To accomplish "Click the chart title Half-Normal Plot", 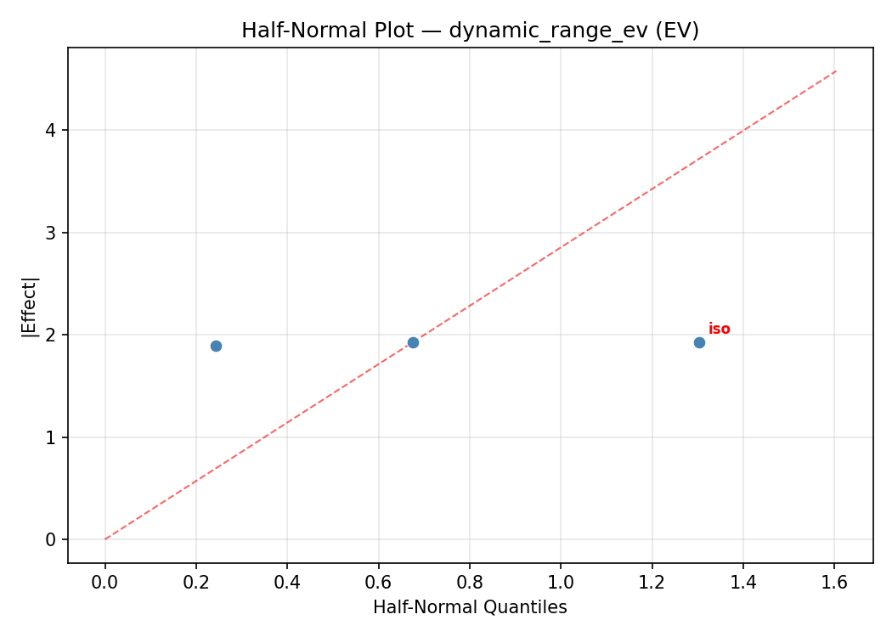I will coord(470,31).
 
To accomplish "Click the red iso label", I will coord(719,330).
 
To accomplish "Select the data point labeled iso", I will coord(699,342).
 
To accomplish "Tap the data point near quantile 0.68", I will coord(413,342).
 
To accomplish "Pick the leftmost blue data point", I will coord(216,346).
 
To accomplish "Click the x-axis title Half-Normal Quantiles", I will coord(470,607).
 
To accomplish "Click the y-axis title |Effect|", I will coord(31,306).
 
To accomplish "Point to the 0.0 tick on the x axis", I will coord(105,583).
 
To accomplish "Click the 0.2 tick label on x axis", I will coord(196,583).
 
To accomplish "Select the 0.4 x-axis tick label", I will coord(287,583).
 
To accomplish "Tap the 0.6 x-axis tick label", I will coord(378,583).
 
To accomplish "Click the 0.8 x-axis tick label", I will coord(470,583).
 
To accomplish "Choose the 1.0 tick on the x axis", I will coord(561,583).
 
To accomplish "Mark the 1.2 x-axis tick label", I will coord(652,583).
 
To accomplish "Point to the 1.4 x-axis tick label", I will coord(742,583).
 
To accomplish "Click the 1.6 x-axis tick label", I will coord(834,583).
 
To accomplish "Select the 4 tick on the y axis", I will coord(52,130).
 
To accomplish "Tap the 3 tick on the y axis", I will coord(52,233).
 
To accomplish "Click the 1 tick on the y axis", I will coord(52,437).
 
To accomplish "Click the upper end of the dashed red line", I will coord(836,71).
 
